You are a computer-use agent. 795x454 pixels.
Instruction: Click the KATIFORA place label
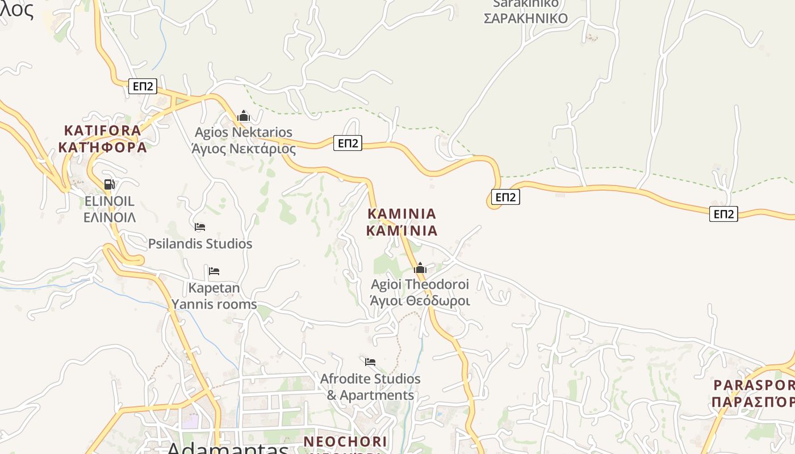(x=102, y=131)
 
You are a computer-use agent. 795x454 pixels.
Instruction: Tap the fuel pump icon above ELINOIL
(x=109, y=184)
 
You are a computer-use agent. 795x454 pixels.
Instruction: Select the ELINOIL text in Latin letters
(x=109, y=201)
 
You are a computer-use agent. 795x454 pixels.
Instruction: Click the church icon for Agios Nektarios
(x=244, y=116)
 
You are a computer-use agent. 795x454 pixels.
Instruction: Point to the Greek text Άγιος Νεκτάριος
(x=244, y=149)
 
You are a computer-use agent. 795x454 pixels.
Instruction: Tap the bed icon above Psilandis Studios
(x=200, y=227)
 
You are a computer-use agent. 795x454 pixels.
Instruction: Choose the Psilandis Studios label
(x=200, y=244)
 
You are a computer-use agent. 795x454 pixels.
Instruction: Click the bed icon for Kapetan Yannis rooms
(x=214, y=271)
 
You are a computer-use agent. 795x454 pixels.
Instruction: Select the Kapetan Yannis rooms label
(x=214, y=296)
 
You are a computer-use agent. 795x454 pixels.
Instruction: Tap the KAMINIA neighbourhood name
(x=402, y=214)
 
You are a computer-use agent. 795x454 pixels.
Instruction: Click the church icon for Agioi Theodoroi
(x=420, y=268)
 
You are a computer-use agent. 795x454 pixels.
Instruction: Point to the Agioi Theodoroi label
(x=420, y=284)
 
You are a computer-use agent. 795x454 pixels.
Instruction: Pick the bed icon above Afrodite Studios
(x=370, y=361)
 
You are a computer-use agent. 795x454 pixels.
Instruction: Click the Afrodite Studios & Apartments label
(x=370, y=386)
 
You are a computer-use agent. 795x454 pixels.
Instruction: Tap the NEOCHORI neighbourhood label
(x=345, y=442)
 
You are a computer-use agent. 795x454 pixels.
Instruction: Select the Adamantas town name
(x=227, y=448)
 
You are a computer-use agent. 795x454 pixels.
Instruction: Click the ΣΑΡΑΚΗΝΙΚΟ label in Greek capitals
(x=525, y=18)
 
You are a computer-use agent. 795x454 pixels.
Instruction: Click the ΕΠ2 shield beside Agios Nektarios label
(x=348, y=143)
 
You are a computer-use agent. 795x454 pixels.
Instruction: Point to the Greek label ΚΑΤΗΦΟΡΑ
(x=102, y=148)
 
